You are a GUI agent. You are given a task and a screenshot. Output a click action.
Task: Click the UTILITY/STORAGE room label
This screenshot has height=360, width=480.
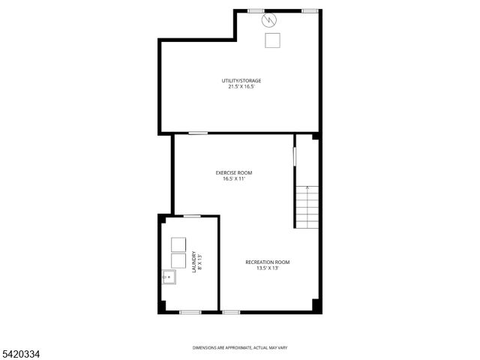coord(241,80)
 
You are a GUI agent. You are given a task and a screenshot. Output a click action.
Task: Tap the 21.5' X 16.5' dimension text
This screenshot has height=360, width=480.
coord(241,86)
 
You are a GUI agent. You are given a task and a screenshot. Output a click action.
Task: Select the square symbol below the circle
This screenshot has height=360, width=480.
coord(271,40)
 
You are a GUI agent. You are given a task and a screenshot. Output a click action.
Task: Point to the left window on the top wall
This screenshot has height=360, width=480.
coord(256,10)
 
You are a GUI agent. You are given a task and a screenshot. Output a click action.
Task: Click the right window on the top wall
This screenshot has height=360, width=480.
coord(309,10)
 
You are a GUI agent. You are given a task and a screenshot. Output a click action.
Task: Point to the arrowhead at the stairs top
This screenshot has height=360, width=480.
coord(307,186)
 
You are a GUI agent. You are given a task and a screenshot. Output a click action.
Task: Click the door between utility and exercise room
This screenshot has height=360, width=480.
coord(198,133)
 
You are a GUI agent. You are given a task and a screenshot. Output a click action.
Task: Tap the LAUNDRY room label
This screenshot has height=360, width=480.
coord(194,261)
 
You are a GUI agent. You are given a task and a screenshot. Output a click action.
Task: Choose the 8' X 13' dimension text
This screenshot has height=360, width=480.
coord(200,261)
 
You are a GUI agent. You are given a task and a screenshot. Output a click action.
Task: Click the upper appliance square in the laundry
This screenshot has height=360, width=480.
coord(178,244)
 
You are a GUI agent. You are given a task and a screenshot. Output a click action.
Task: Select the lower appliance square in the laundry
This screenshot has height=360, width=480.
coord(178,260)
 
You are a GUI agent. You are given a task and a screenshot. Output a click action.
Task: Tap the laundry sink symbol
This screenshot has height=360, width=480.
coord(168,277)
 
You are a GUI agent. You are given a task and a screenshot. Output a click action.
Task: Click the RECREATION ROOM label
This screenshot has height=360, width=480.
coord(268,262)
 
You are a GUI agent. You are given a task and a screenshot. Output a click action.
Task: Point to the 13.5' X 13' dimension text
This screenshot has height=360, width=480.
coord(268,268)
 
